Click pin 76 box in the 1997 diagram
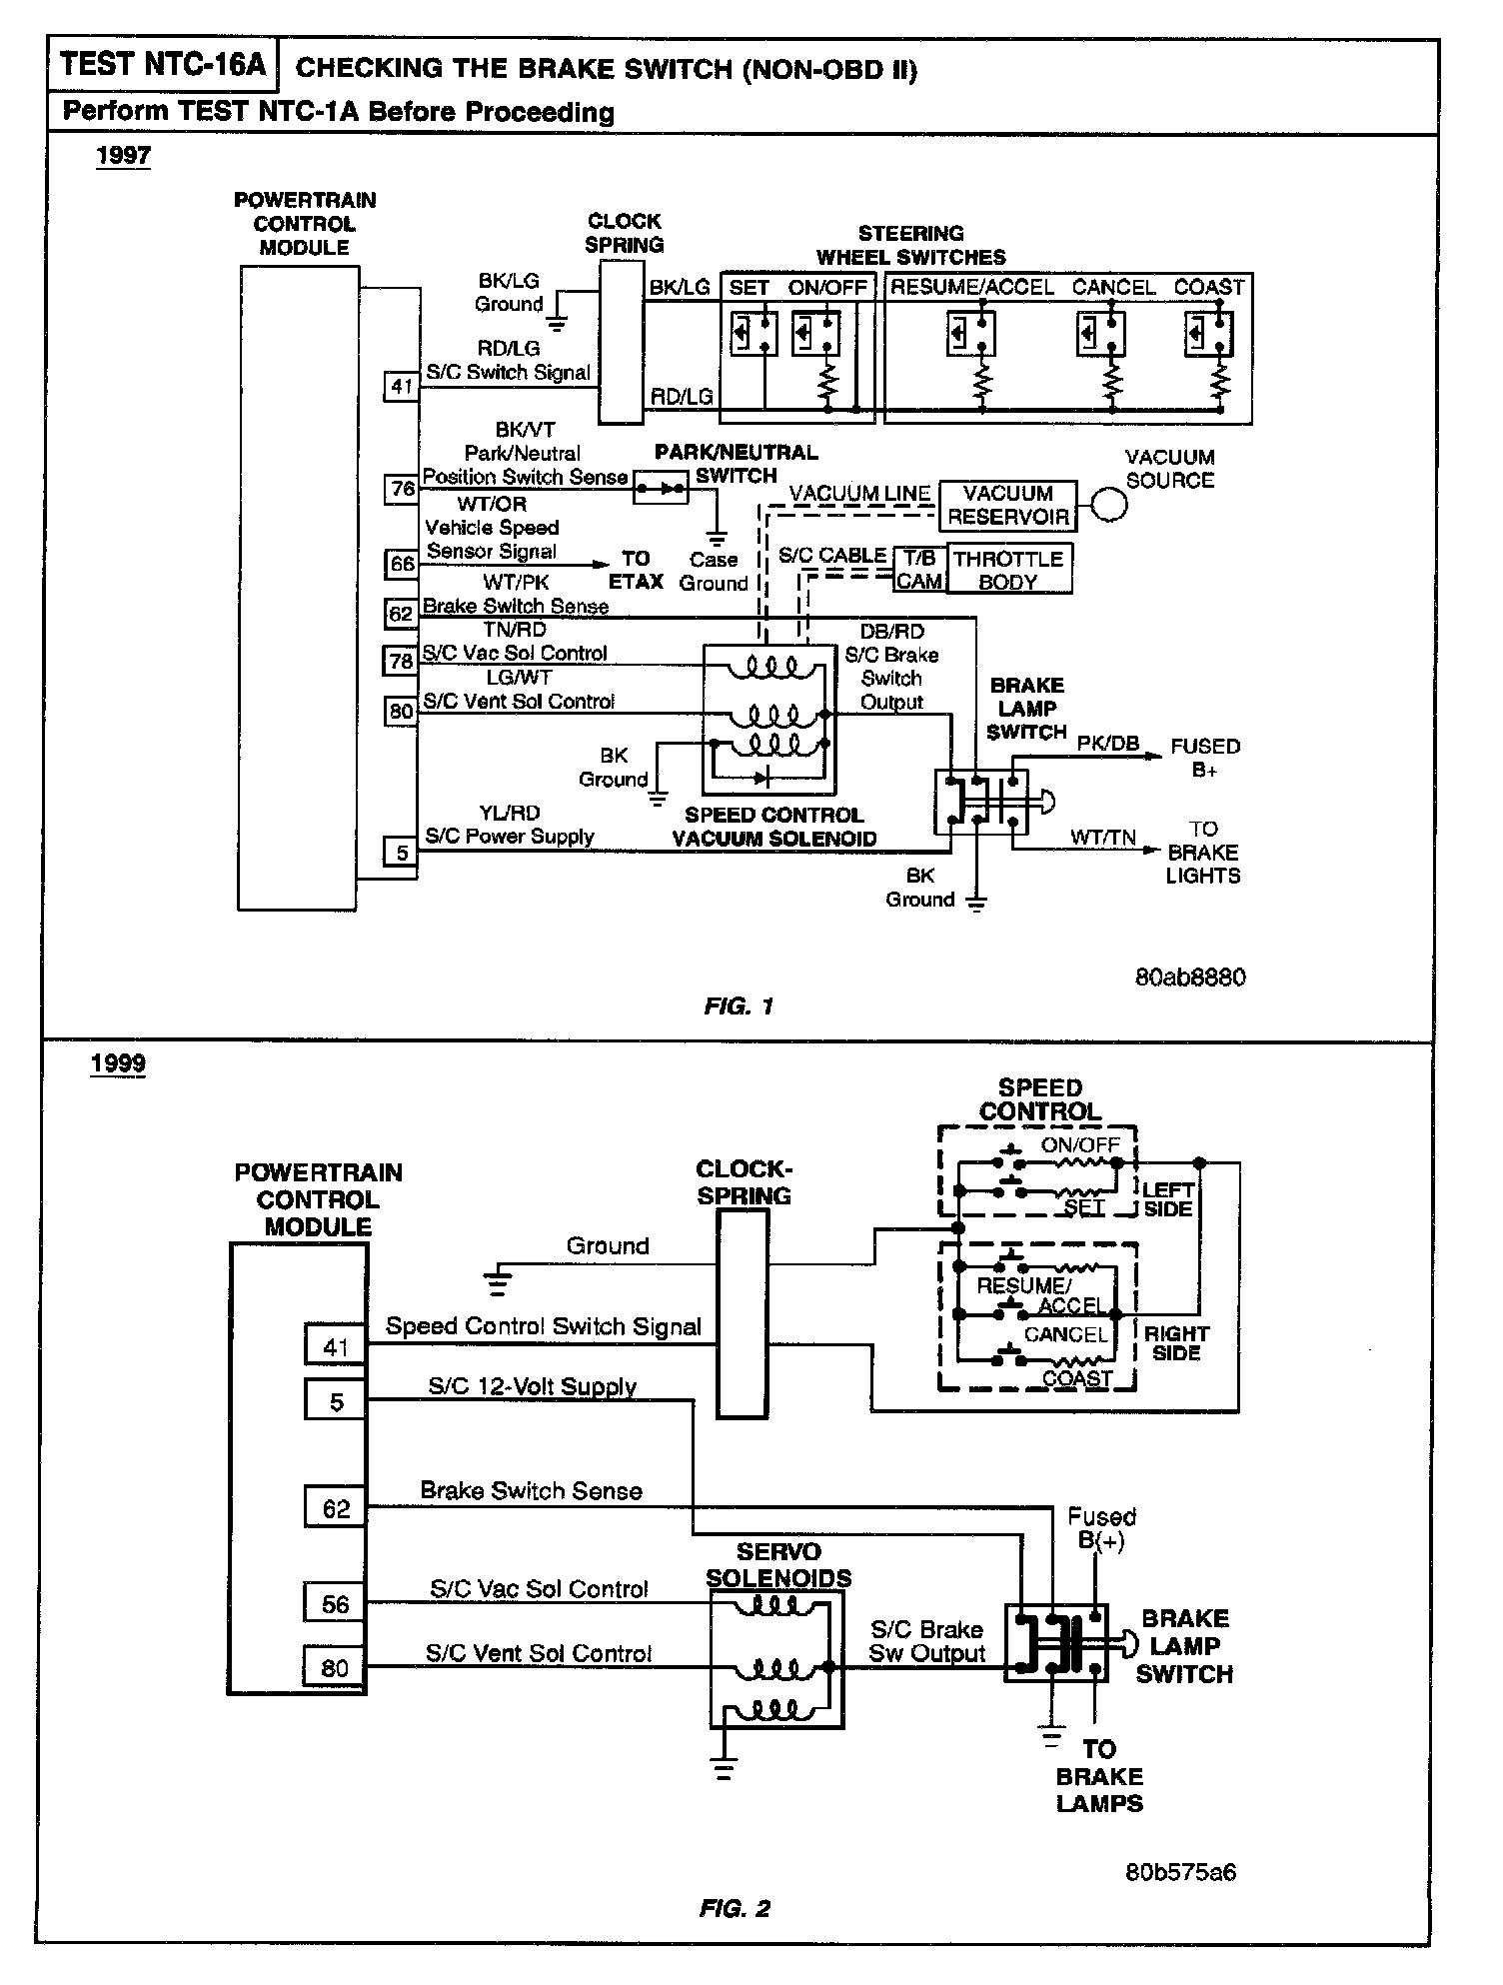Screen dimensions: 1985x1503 (402, 489)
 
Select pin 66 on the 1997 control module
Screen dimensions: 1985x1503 (402, 564)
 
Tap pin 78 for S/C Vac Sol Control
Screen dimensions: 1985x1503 (402, 661)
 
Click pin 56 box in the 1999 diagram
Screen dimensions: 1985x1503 (336, 1603)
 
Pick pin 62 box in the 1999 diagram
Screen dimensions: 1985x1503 (336, 1507)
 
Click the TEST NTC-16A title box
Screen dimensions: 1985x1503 (162, 66)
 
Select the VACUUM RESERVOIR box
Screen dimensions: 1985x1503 (1007, 505)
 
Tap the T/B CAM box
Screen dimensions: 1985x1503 (919, 570)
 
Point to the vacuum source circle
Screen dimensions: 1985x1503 (1107, 504)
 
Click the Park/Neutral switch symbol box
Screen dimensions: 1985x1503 (661, 489)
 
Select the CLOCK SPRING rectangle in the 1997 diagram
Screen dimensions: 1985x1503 (621, 342)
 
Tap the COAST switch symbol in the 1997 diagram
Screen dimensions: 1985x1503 (1208, 333)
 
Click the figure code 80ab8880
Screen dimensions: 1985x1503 (1189, 977)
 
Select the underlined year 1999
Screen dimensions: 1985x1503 (118, 1062)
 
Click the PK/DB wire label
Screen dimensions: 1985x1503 (1107, 744)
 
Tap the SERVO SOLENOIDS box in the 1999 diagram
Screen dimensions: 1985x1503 (776, 1659)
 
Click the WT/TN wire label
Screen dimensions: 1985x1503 (1103, 837)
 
